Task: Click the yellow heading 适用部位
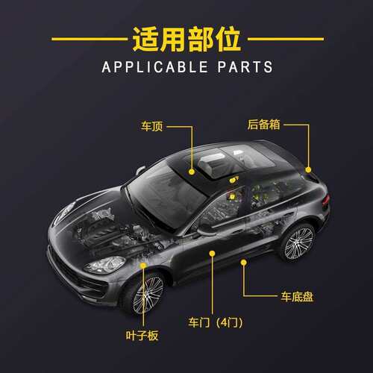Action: pyautogui.click(x=186, y=39)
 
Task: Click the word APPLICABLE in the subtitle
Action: pyautogui.click(x=155, y=67)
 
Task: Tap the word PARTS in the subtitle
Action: pyautogui.click(x=245, y=67)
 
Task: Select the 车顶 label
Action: pyautogui.click(x=151, y=126)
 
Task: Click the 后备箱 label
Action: pyautogui.click(x=264, y=125)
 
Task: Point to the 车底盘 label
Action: pyautogui.click(x=297, y=296)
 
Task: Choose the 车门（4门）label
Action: pyautogui.click(x=215, y=322)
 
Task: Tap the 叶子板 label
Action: pyautogui.click(x=142, y=336)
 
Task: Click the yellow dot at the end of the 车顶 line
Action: pyautogui.click(x=192, y=172)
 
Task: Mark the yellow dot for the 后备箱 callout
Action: pyautogui.click(x=308, y=170)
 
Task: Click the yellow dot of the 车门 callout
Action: pyautogui.click(x=212, y=254)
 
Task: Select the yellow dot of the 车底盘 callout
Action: pyautogui.click(x=244, y=262)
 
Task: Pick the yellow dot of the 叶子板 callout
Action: pyautogui.click(x=143, y=266)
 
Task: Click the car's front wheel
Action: pyautogui.click(x=147, y=295)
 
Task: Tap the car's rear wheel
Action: pyautogui.click(x=298, y=243)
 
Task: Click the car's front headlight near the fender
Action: pyautogui.click(x=104, y=265)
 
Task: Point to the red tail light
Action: pyautogui.click(x=326, y=200)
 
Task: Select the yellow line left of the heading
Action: pyautogui.click(x=90, y=39)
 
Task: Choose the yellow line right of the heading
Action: pyautogui.click(x=286, y=39)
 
